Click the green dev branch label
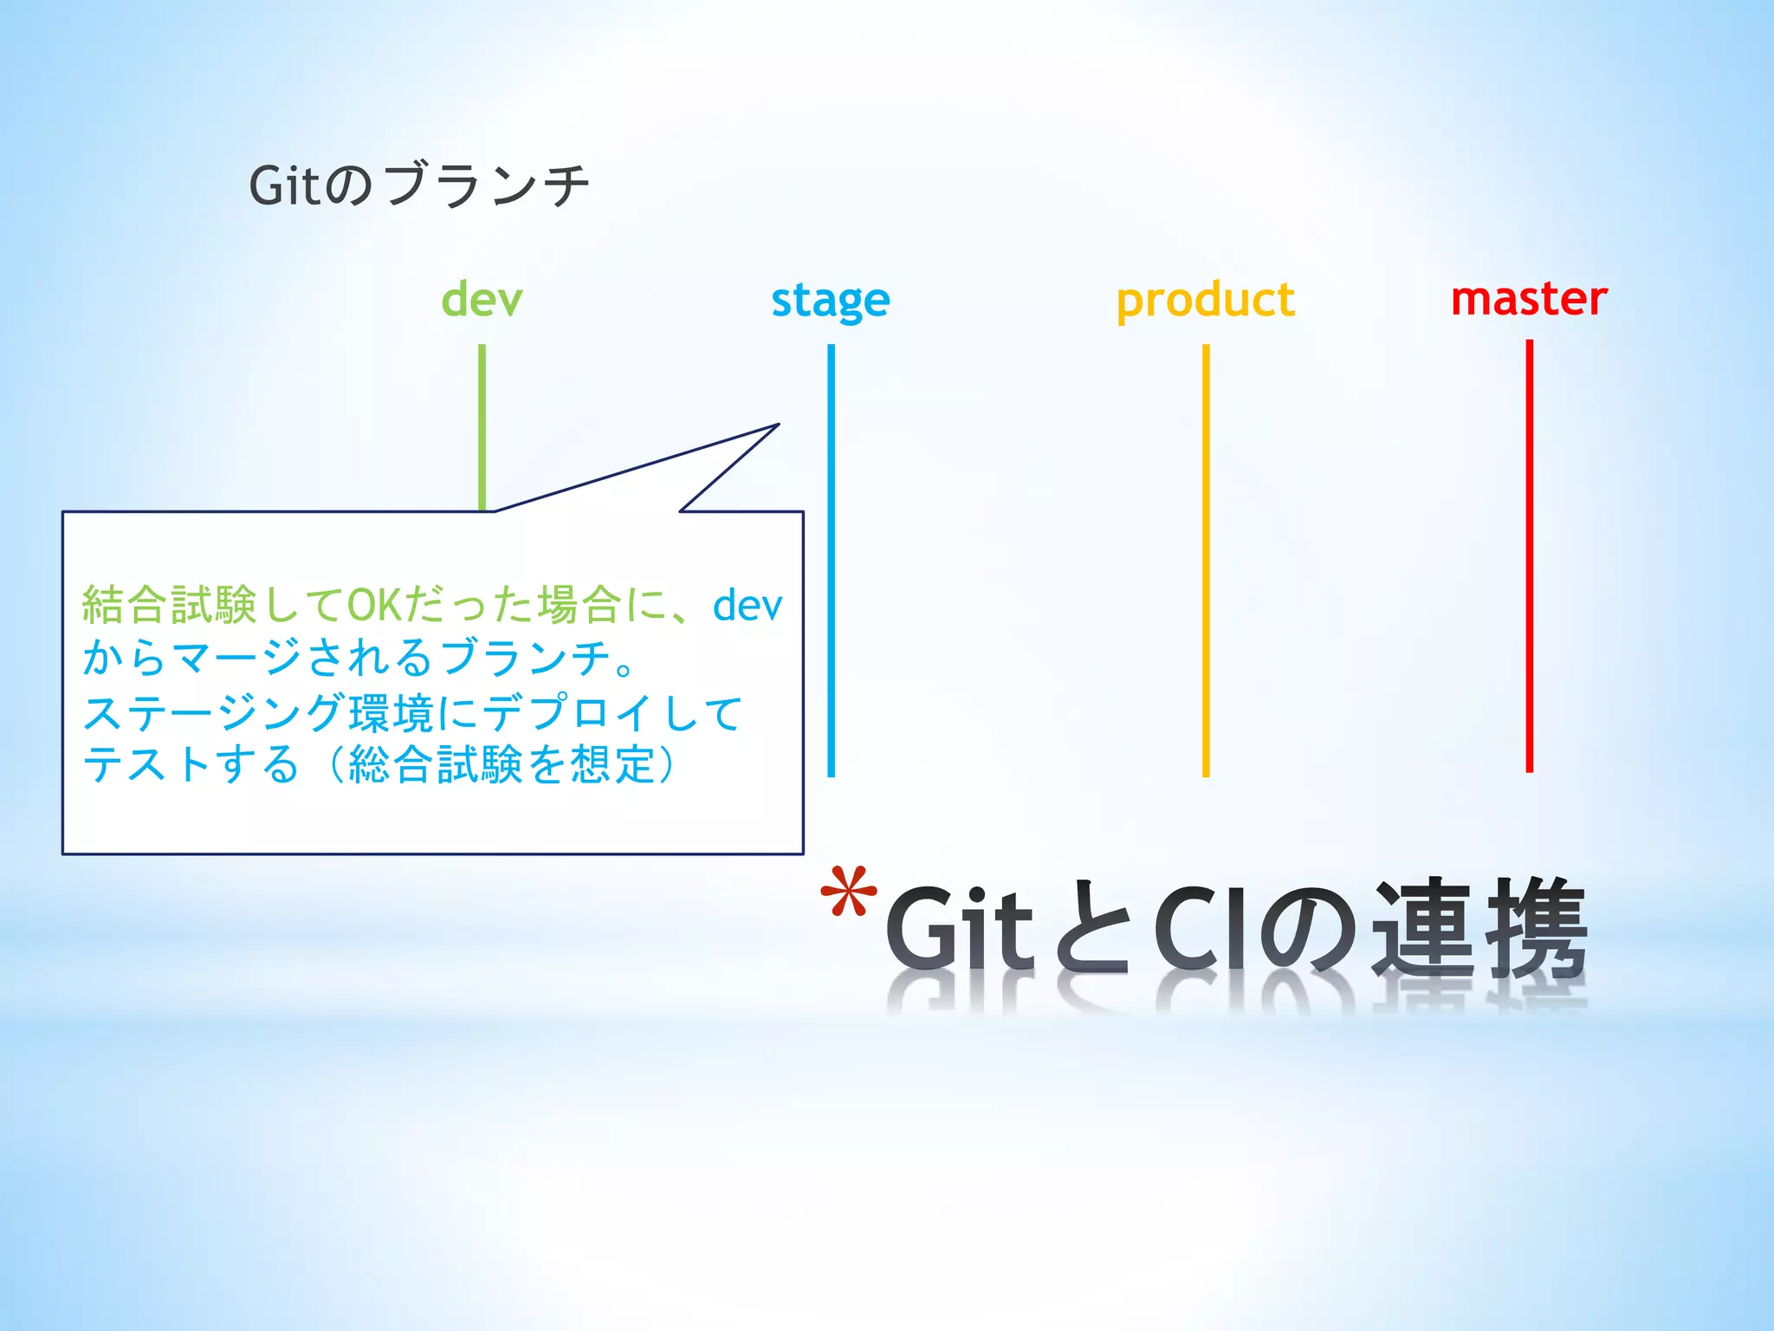(482, 300)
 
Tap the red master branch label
(1529, 298)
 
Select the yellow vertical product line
(1205, 563)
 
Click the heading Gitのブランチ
(419, 185)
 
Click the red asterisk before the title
(848, 893)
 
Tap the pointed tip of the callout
(776, 425)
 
